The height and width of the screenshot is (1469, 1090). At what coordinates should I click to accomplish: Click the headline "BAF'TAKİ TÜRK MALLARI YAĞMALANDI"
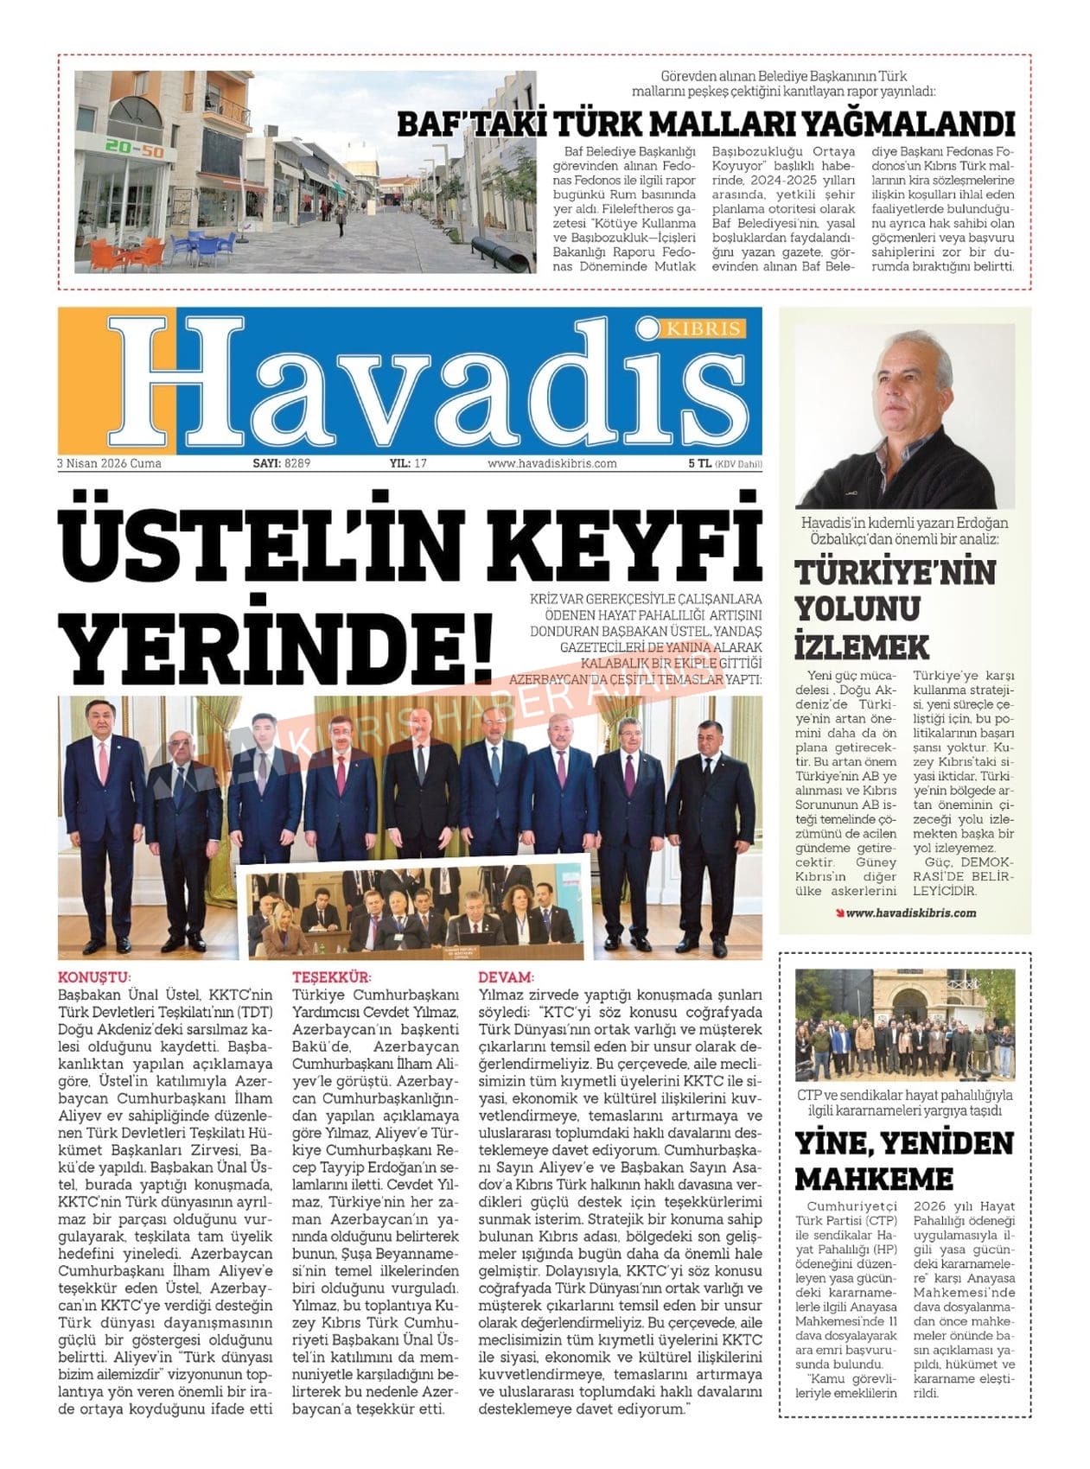(704, 124)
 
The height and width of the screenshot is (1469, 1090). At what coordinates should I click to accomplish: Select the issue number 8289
(296, 463)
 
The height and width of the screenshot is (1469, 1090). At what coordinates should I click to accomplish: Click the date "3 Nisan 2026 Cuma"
(109, 463)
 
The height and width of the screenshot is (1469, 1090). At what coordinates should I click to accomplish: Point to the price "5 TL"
(699, 463)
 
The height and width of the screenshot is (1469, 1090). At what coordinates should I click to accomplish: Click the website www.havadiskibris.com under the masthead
(551, 463)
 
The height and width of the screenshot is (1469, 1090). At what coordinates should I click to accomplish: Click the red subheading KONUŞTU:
(94, 977)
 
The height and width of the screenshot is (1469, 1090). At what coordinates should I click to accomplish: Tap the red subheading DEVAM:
(506, 977)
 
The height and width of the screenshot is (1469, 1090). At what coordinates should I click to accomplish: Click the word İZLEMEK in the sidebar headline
(849, 646)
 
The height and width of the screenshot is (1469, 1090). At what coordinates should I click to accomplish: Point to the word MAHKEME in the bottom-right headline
(873, 1179)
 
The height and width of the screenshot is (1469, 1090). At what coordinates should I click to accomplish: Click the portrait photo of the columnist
(904, 417)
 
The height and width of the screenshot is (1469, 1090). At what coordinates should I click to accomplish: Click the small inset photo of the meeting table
(418, 915)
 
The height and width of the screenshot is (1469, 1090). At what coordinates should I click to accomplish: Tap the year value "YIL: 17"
(408, 463)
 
